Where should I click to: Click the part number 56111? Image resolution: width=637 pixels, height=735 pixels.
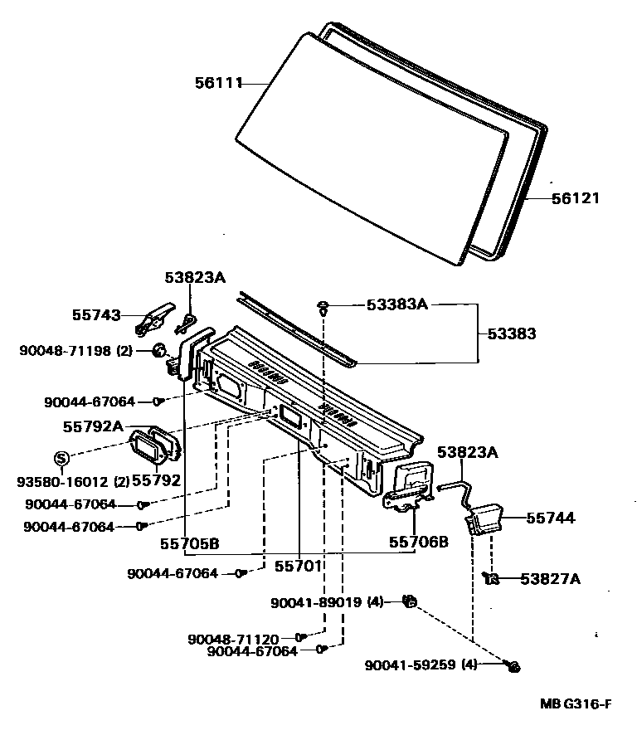(x=218, y=82)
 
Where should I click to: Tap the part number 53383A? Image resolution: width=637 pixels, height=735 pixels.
(x=396, y=305)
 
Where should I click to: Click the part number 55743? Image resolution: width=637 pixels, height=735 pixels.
(x=96, y=315)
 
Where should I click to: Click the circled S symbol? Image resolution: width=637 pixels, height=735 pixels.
(x=61, y=457)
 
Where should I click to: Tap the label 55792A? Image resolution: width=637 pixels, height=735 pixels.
(x=93, y=426)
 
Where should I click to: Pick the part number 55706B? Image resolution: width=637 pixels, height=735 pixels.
(x=419, y=543)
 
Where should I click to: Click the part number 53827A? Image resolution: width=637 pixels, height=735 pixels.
(x=551, y=578)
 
